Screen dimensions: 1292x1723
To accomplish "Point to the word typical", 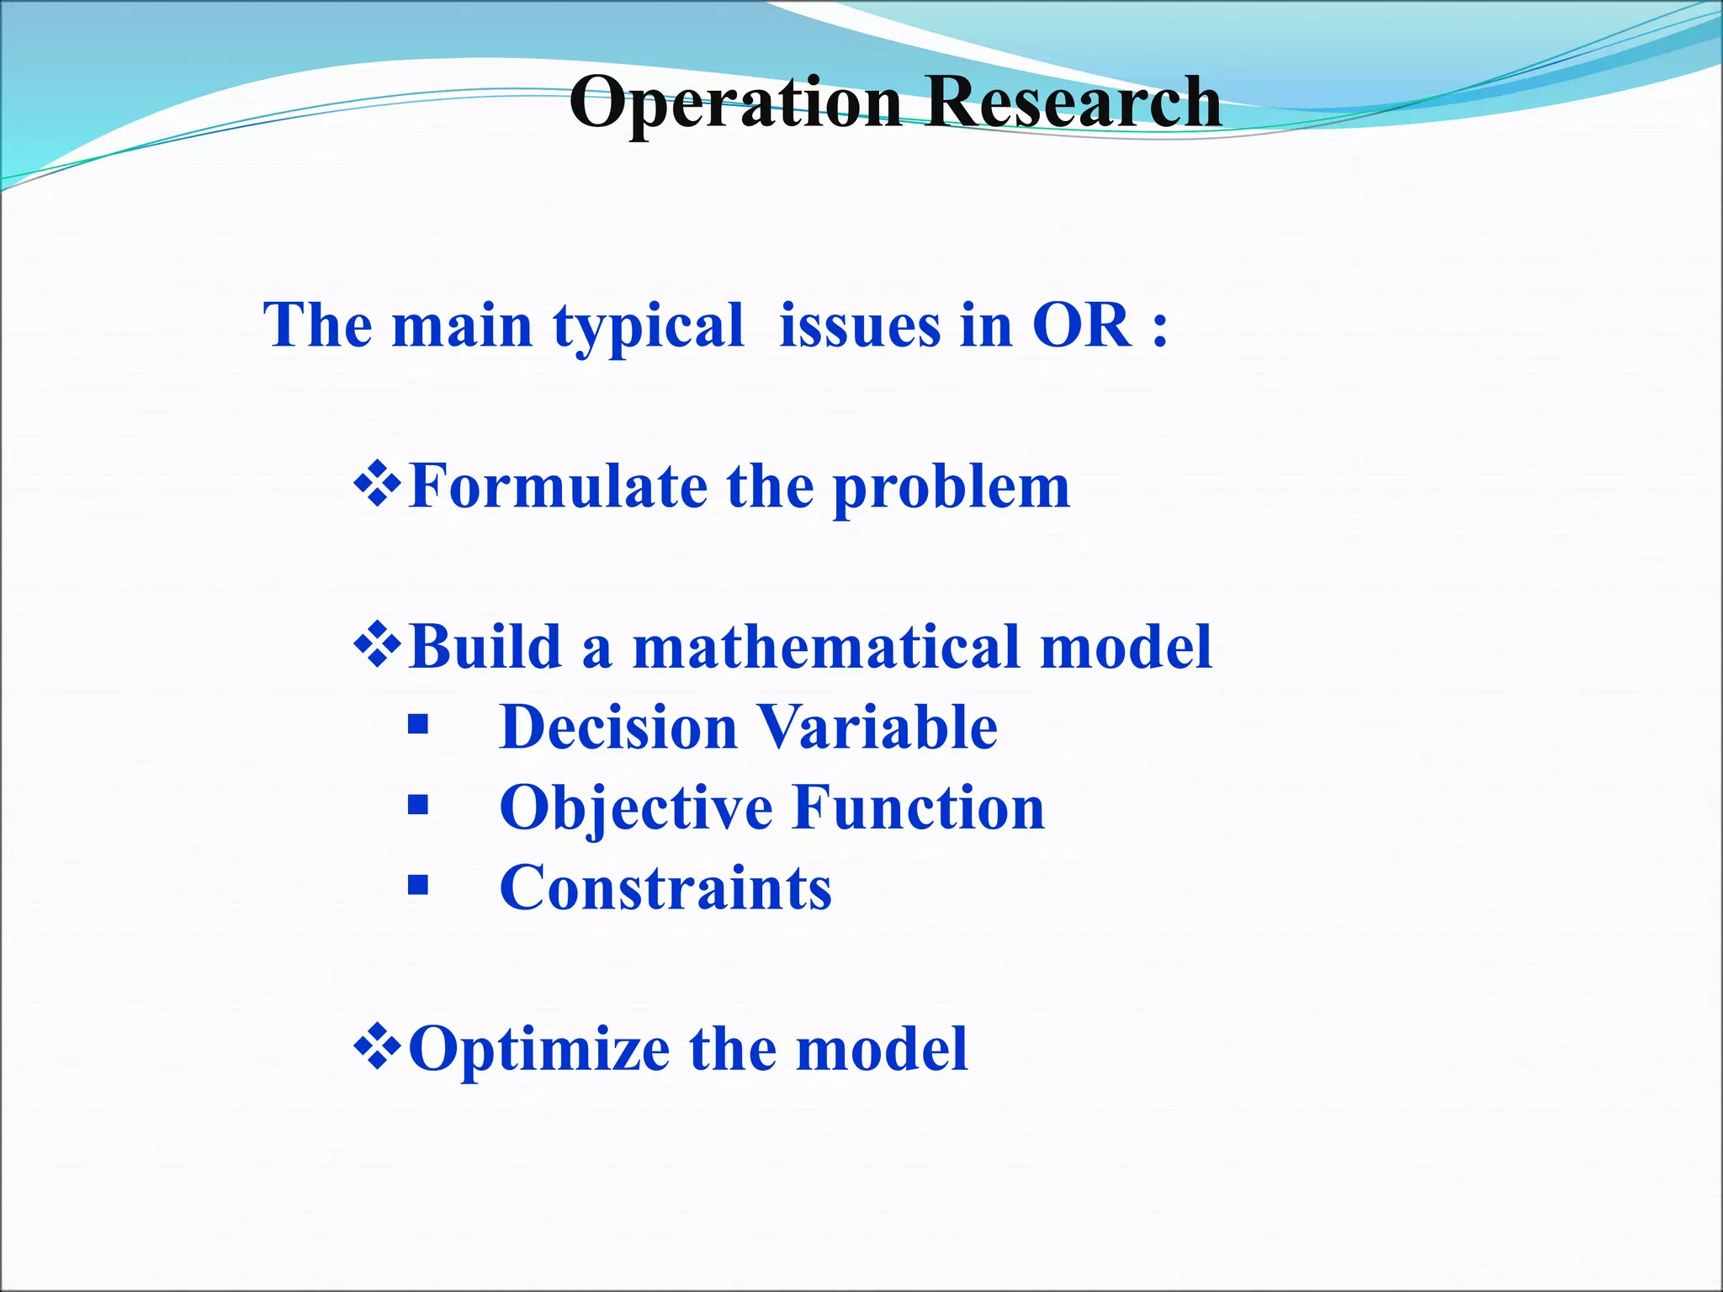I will (649, 326).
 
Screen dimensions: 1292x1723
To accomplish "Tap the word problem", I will (952, 489).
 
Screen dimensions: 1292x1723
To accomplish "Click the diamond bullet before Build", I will (379, 646).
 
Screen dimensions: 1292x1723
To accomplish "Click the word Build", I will (485, 647).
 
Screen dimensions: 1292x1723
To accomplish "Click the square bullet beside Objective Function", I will (418, 806).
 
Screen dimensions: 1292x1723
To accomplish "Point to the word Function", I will (919, 807).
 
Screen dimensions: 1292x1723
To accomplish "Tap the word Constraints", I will (665, 888).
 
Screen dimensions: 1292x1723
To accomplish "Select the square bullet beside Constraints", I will (418, 885).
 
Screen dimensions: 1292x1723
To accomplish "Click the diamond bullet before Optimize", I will (379, 1047).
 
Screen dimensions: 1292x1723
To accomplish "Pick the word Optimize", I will (538, 1051).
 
